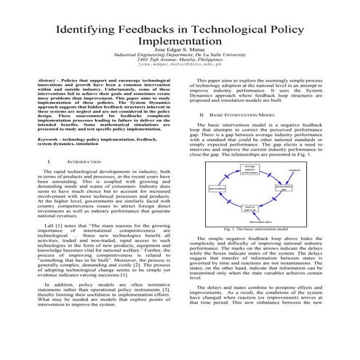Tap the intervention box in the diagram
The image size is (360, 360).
point(217,187)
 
